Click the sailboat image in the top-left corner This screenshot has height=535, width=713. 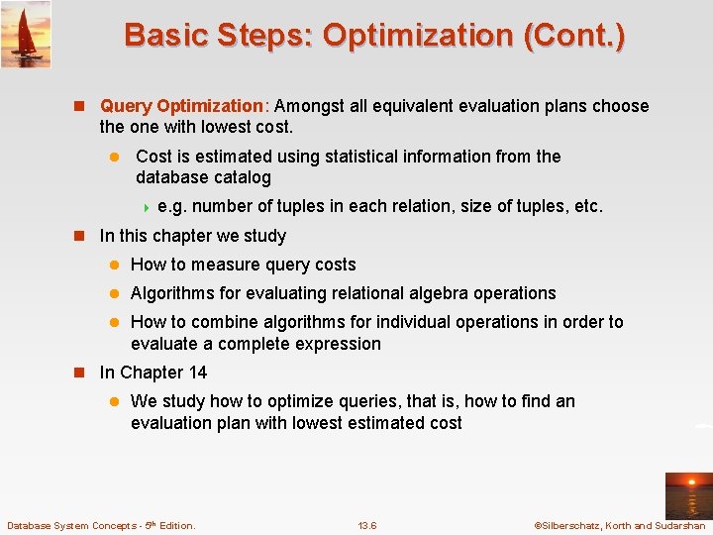coord(26,34)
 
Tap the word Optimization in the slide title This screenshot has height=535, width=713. coord(417,36)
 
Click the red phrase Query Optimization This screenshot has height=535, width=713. coord(182,106)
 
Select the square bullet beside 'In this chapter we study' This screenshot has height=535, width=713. coord(83,237)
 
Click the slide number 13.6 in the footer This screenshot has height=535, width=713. coord(366,525)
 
